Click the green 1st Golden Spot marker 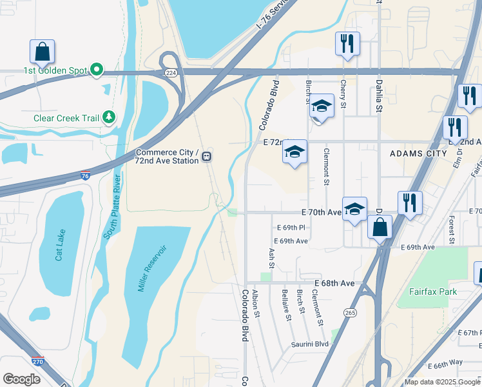pyautogui.click(x=97, y=69)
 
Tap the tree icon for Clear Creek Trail pyautogui.click(x=110, y=117)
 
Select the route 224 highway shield pyautogui.click(x=170, y=73)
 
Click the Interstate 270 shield pyautogui.click(x=38, y=362)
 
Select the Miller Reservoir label pyautogui.click(x=152, y=268)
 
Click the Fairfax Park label pyautogui.click(x=433, y=292)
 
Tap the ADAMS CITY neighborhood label pyautogui.click(x=418, y=154)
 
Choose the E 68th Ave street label pyautogui.click(x=334, y=283)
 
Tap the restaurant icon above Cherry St pyautogui.click(x=347, y=43)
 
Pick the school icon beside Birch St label pyautogui.click(x=322, y=105)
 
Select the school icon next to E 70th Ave pyautogui.click(x=354, y=208)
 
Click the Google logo pyautogui.click(x=22, y=379)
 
